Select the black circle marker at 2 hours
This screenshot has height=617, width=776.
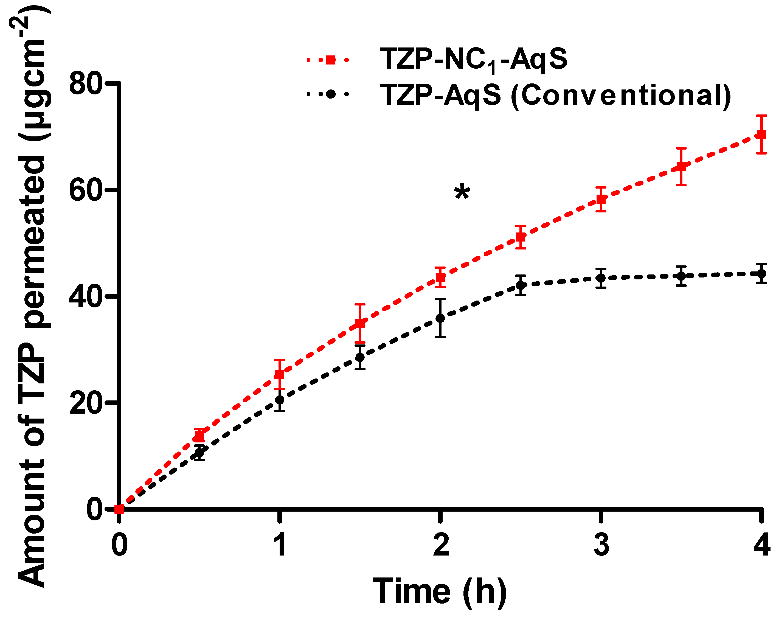click(x=440, y=318)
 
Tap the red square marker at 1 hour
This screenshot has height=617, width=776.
click(x=279, y=374)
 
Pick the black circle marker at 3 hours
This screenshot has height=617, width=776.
click(x=600, y=278)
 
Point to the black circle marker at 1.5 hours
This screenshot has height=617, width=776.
click(x=359, y=357)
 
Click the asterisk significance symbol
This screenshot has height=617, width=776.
click(x=462, y=193)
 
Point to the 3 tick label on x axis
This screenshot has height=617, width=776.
click(x=601, y=544)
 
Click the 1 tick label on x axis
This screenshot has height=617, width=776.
click(x=280, y=544)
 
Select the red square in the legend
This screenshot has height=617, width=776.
click(x=330, y=59)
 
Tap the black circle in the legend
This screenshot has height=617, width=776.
click(x=330, y=94)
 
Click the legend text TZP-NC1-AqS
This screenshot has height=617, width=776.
click(x=473, y=59)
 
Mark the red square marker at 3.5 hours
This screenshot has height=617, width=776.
click(x=681, y=166)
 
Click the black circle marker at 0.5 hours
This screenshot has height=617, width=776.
click(x=199, y=453)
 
